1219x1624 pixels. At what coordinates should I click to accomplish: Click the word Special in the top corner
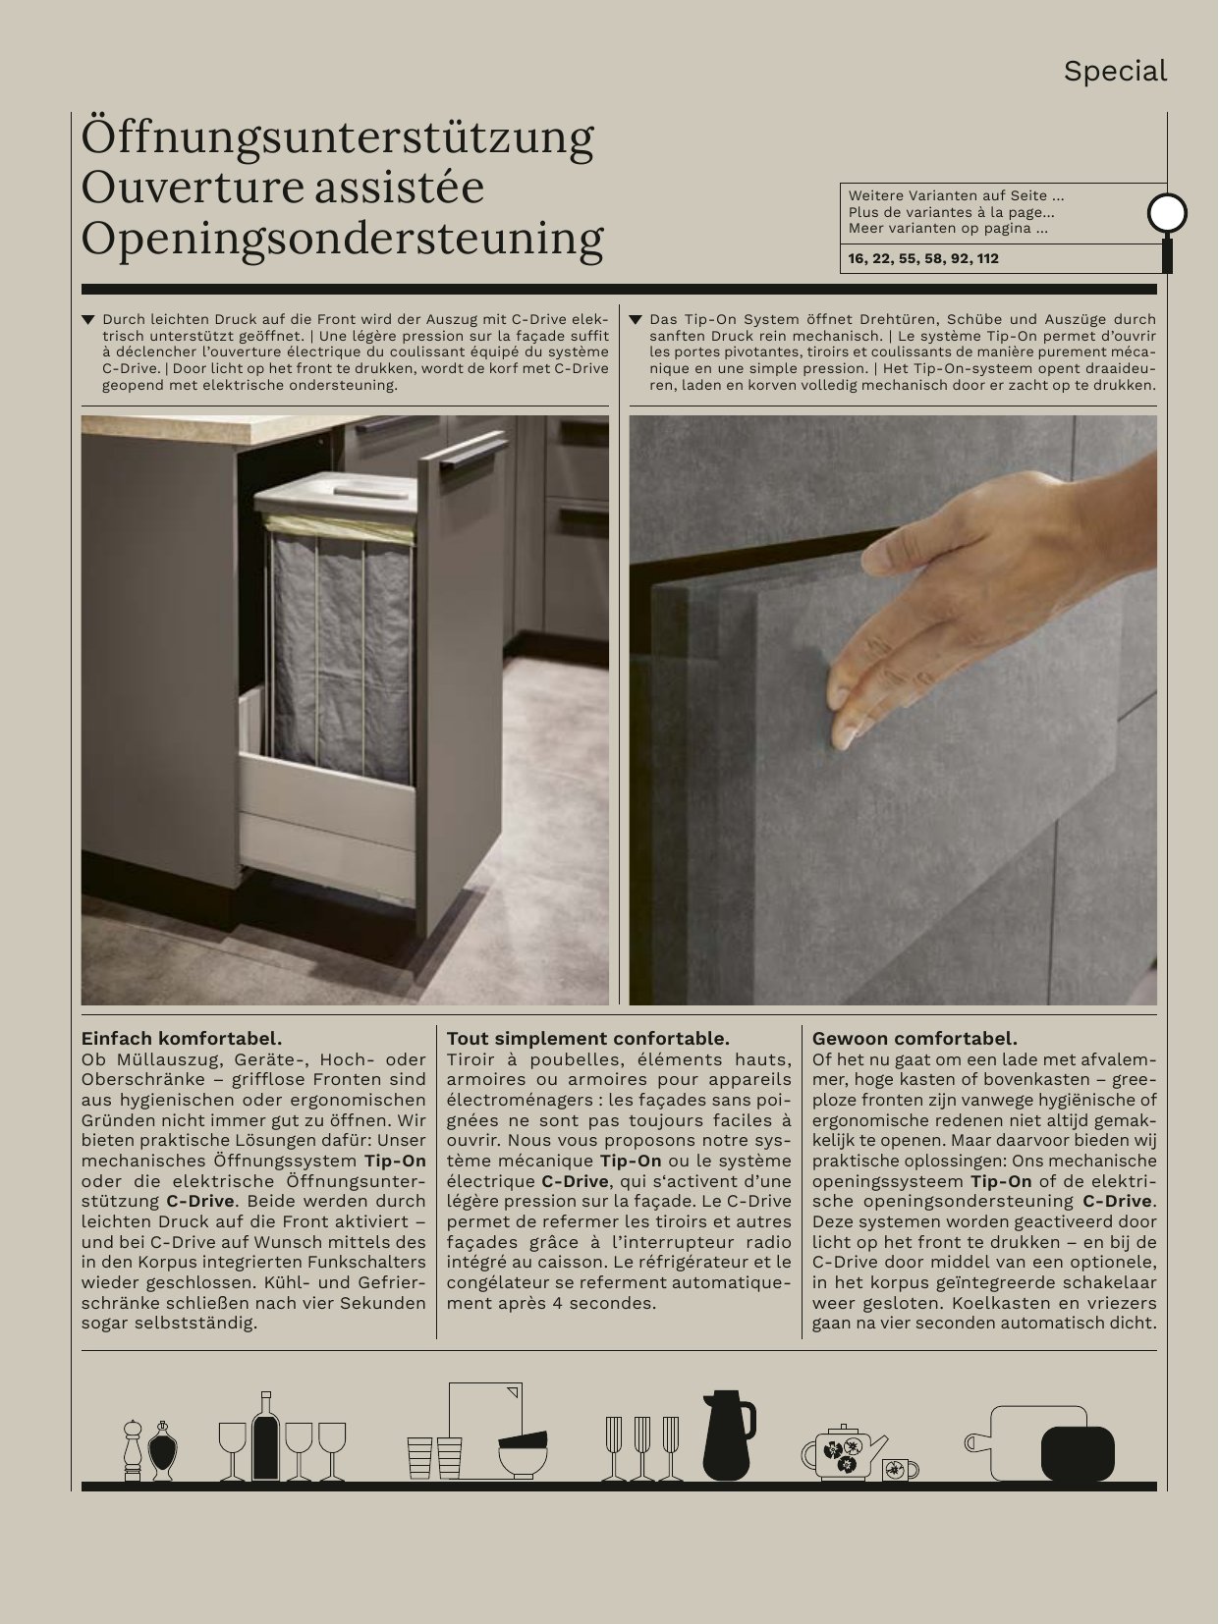1115,72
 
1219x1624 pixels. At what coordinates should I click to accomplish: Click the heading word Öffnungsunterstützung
338,139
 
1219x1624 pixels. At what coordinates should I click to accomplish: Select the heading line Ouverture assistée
283,189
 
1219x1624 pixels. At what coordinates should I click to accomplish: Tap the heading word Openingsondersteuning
342,239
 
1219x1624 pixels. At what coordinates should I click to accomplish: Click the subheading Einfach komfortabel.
182,1038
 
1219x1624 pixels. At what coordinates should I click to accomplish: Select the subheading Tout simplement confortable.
587,1038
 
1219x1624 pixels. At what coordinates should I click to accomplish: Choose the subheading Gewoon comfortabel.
914,1038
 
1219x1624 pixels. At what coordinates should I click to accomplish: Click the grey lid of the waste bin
339,491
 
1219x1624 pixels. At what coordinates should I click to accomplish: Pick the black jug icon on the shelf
728,1435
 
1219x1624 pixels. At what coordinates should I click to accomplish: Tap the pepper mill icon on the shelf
132,1450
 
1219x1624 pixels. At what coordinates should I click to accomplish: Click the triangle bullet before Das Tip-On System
637,320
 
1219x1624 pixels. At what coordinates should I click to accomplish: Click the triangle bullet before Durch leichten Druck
88,320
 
